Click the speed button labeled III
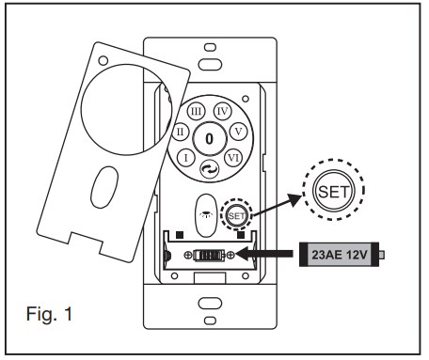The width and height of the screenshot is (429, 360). tap(196, 111)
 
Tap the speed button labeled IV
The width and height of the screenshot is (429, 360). tap(222, 111)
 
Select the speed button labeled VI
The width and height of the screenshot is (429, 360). tap(233, 158)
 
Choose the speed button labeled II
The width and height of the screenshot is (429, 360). tap(181, 132)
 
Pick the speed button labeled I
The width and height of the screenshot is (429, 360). tap(186, 158)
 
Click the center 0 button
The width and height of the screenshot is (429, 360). tap(209, 138)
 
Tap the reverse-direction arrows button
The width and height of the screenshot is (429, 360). tap(209, 169)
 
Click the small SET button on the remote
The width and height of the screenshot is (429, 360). tap(236, 216)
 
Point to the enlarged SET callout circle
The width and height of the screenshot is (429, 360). tap(333, 191)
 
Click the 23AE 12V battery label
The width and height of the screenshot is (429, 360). tap(339, 255)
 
